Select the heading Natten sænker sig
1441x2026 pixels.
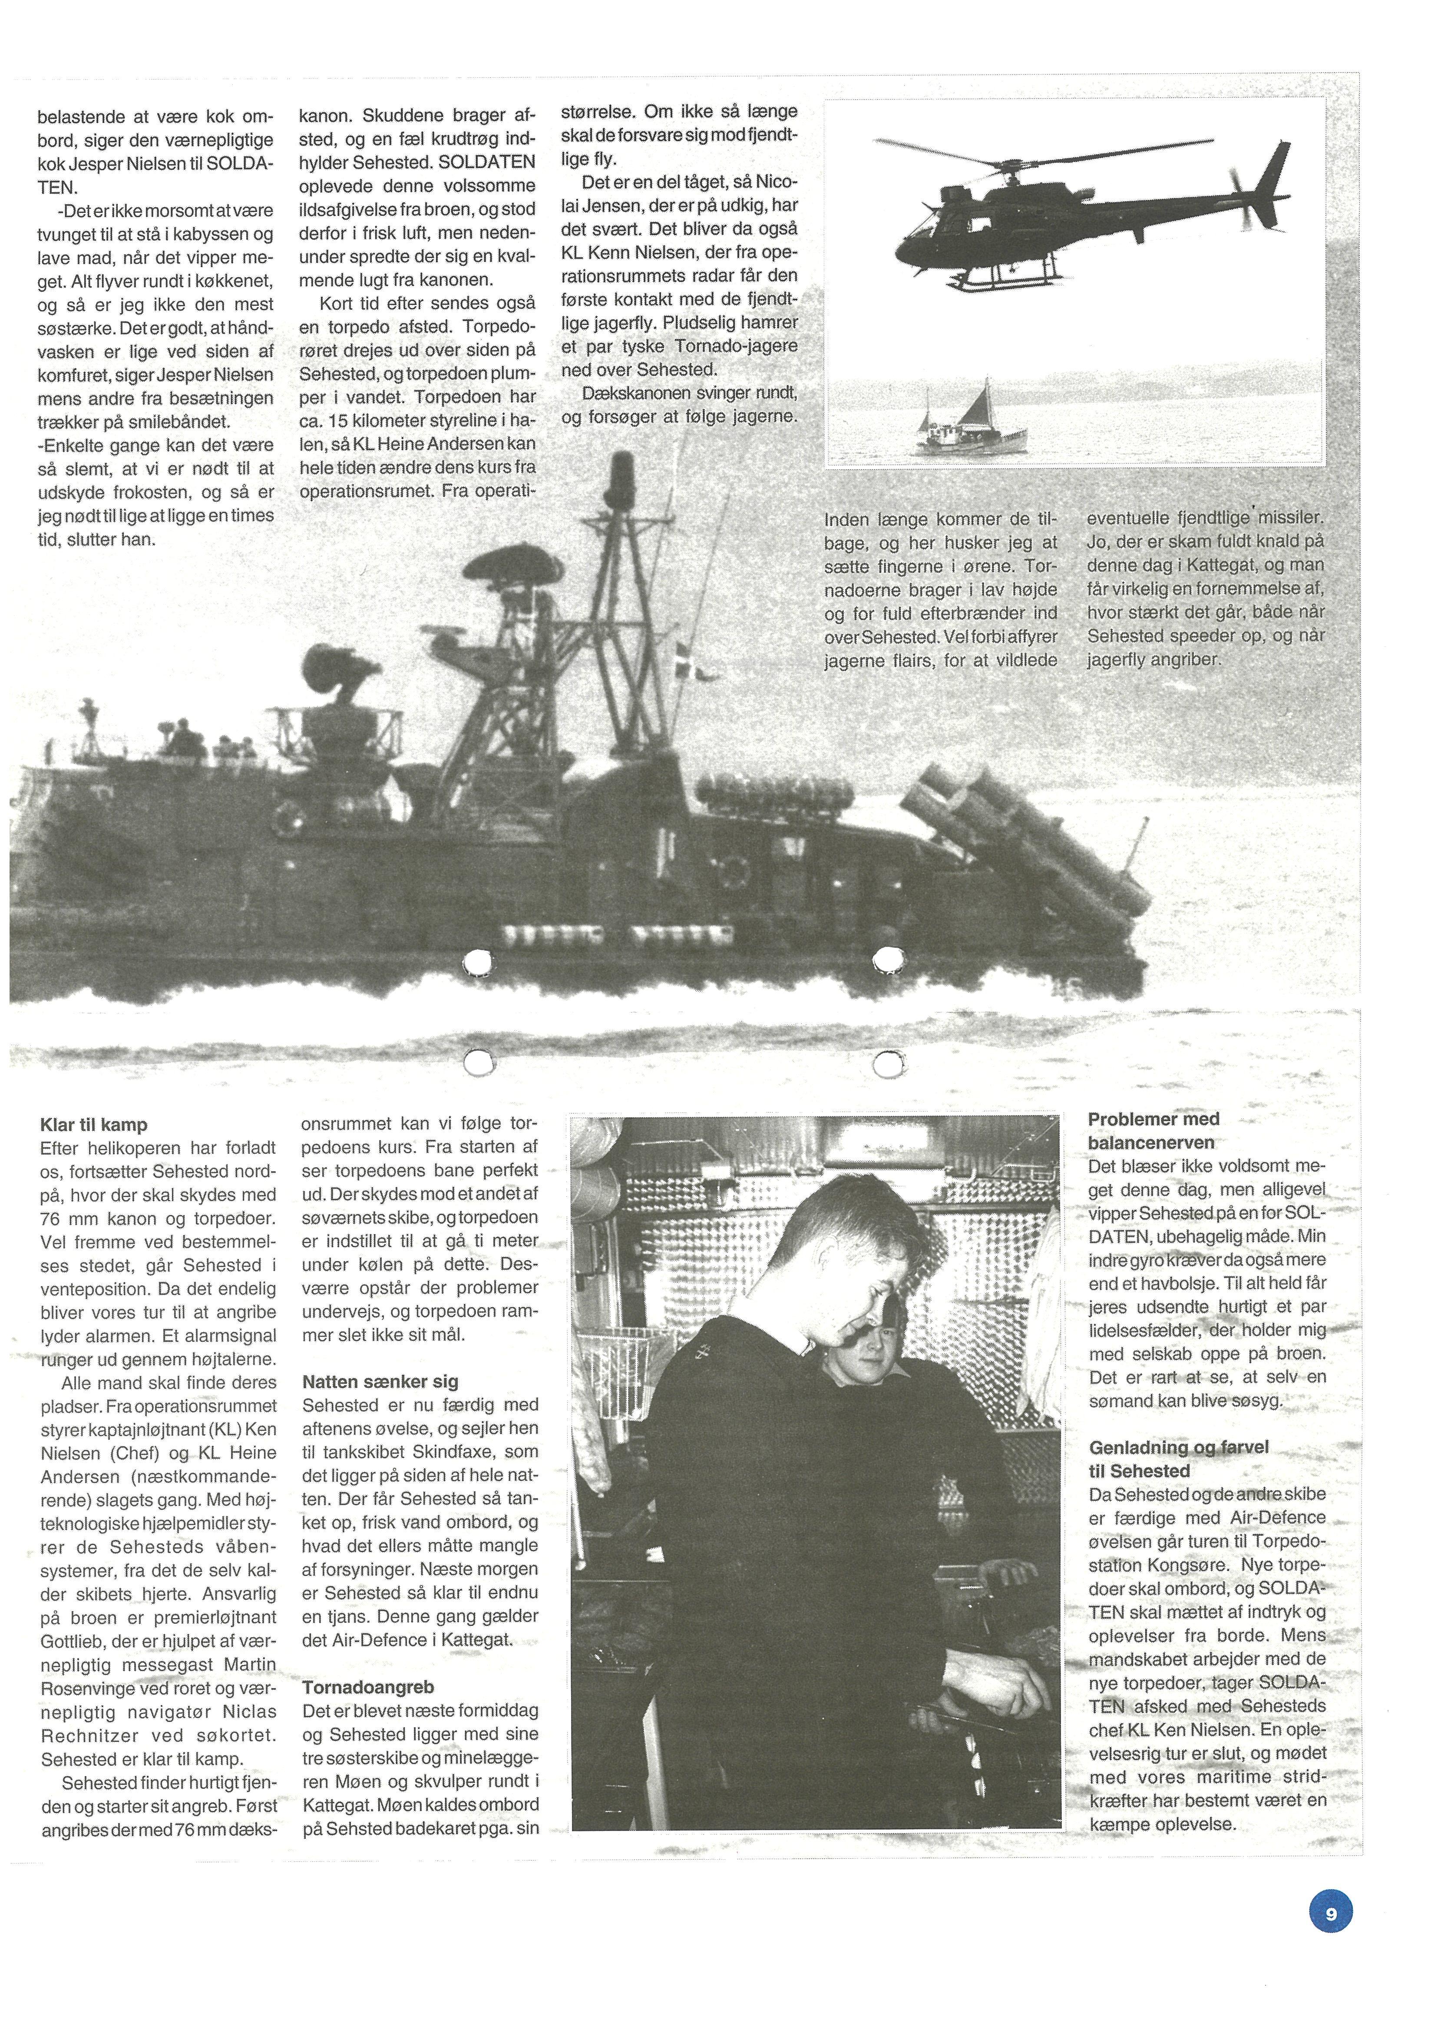(x=380, y=1382)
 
